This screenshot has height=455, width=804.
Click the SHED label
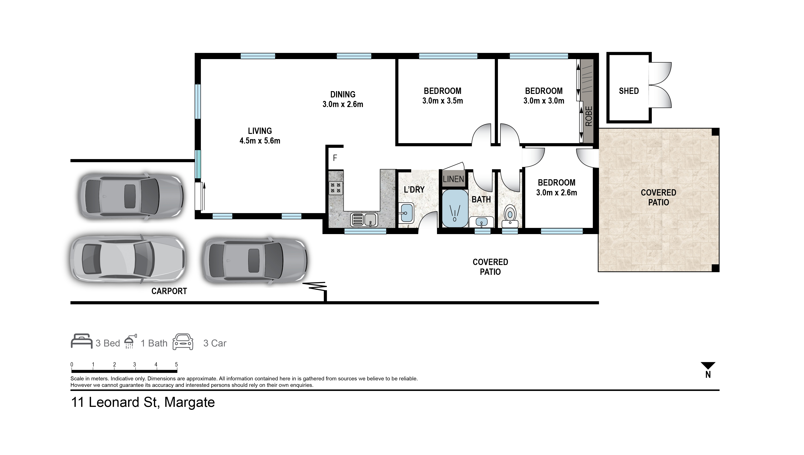point(628,91)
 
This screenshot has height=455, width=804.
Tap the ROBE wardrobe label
point(588,116)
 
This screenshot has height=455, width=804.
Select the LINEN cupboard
point(453,179)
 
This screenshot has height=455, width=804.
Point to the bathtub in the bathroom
point(454,209)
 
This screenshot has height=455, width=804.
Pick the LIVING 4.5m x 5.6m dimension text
point(260,141)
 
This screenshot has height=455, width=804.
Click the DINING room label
point(343,94)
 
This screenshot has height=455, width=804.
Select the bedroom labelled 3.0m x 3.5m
point(443,96)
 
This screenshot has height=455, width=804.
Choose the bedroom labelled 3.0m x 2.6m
point(556,187)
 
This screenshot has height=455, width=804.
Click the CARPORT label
point(169,291)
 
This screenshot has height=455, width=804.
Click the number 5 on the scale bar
point(176,364)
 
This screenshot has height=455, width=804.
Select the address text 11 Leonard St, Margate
point(143,402)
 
